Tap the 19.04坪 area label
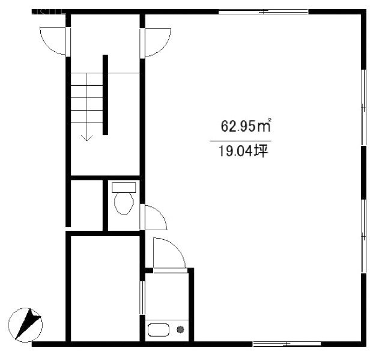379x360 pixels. coord(240,151)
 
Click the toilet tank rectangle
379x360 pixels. coord(124,188)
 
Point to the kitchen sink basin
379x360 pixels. coord(159,330)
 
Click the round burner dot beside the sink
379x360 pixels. coord(179,329)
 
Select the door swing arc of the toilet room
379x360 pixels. coord(154,217)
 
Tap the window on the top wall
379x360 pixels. coord(262,11)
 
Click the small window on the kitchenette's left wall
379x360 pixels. coord(142,297)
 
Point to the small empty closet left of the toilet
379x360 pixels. coord(86,204)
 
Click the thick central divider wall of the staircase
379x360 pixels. coord(105,95)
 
